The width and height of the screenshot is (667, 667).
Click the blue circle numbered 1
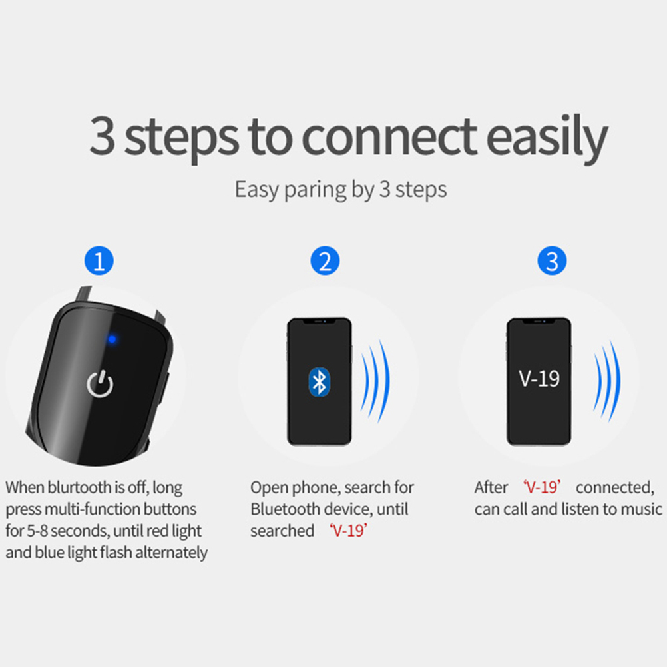[99, 260]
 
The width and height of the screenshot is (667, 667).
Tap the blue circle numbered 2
[325, 260]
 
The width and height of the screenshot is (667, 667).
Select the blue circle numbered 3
[552, 260]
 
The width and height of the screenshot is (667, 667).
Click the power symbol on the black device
[100, 384]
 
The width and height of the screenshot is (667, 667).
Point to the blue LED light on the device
[112, 339]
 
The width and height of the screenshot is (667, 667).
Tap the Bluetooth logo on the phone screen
[319, 382]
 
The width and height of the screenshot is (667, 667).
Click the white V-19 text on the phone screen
[539, 379]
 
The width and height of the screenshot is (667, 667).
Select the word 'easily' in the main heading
[547, 137]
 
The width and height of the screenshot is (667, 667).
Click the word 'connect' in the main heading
[389, 137]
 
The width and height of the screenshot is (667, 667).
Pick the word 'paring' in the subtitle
[316, 190]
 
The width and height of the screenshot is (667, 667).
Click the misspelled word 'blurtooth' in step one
[79, 487]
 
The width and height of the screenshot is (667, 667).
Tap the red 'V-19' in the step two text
[348, 531]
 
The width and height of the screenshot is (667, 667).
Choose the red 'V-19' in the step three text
[542, 487]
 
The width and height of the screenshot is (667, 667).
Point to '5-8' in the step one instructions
[37, 531]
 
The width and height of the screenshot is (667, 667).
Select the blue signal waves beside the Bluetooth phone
[375, 381]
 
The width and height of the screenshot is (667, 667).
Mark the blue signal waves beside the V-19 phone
[607, 381]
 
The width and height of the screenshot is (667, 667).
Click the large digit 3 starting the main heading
[103, 136]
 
